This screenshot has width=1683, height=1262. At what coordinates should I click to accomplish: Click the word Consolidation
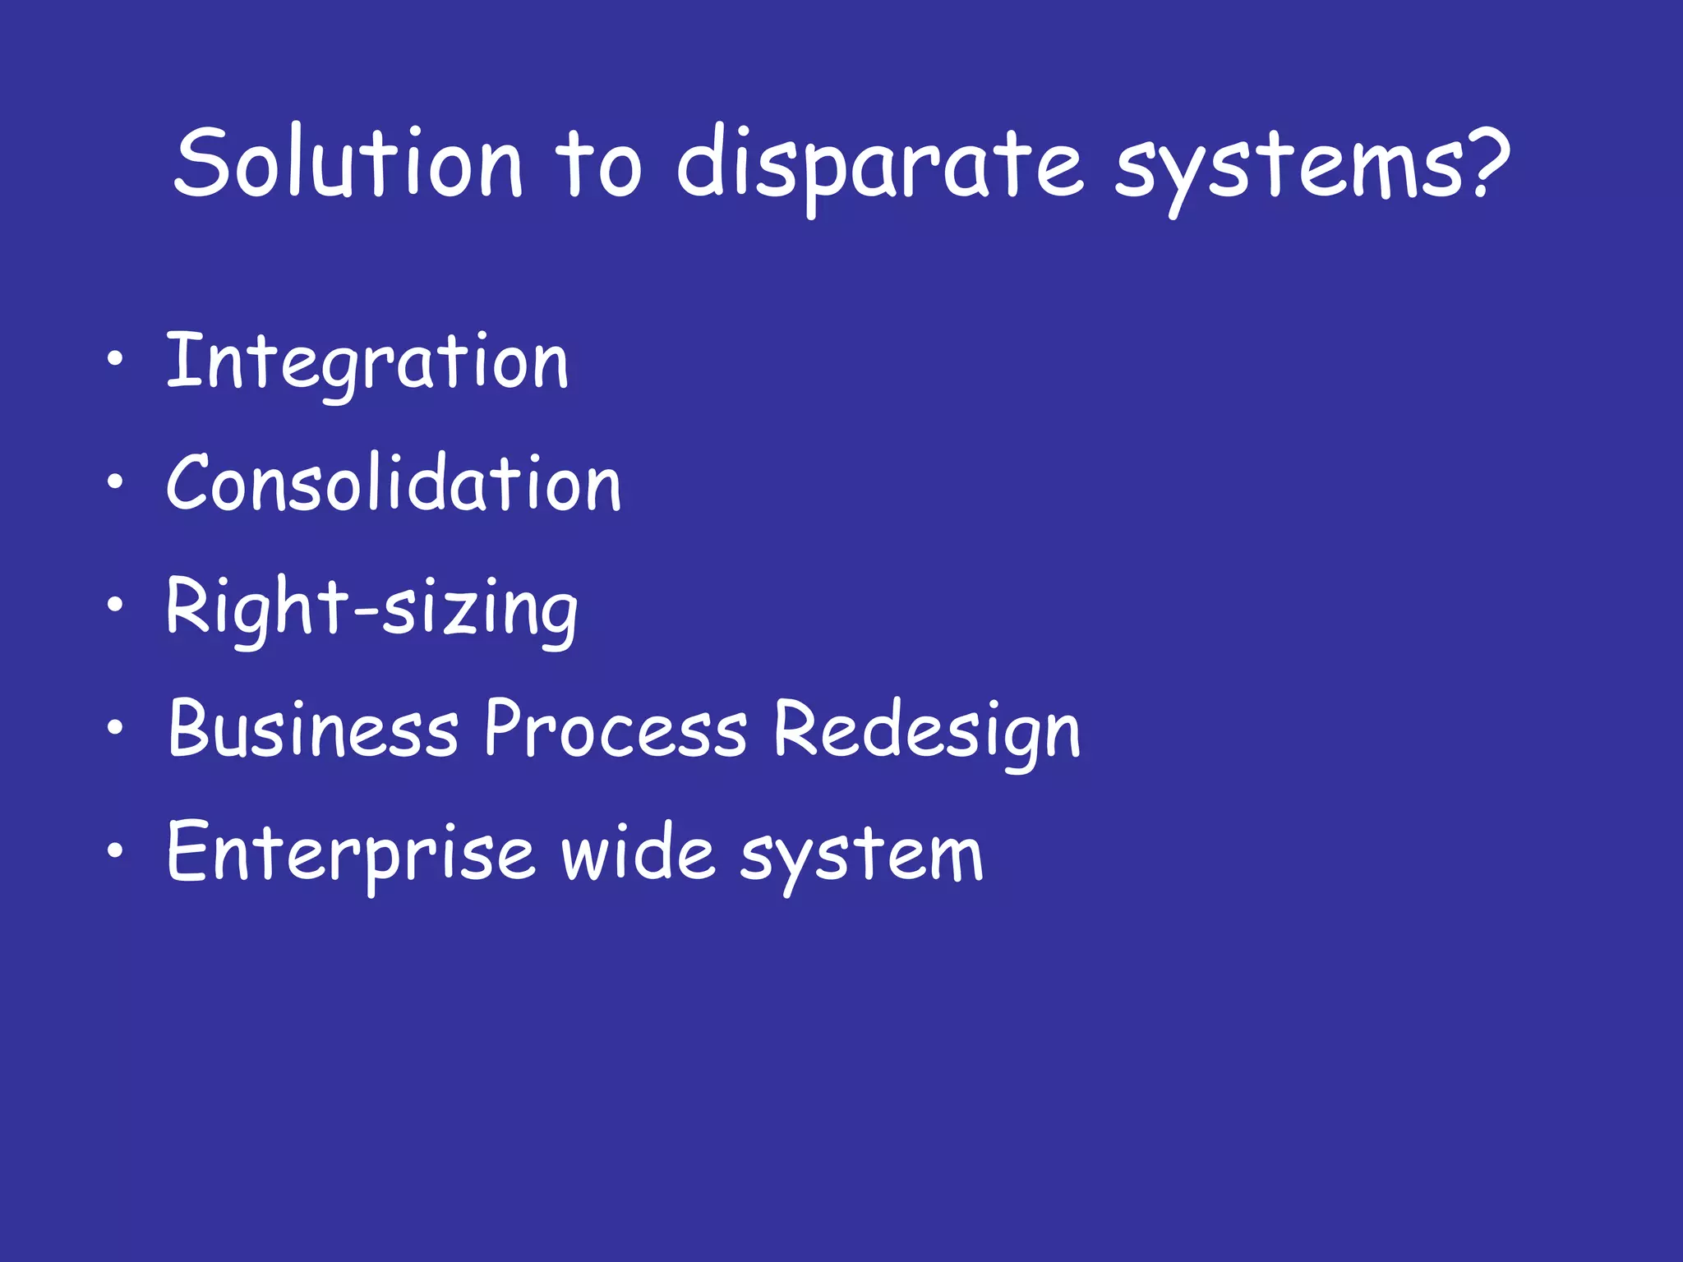(394, 484)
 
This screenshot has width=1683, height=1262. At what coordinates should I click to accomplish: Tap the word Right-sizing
(372, 607)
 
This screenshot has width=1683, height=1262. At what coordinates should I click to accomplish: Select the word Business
(313, 729)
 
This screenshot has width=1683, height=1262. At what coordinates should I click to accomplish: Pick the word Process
(616, 729)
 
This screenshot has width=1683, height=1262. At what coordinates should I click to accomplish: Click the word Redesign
(927, 730)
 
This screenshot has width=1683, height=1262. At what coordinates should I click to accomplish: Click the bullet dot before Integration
(116, 358)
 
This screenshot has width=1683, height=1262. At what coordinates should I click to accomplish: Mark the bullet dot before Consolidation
(116, 481)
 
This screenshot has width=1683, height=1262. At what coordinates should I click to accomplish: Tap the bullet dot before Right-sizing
(116, 605)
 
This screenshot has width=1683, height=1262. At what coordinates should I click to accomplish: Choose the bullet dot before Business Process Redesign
(116, 727)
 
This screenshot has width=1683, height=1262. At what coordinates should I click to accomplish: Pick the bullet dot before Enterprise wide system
(116, 850)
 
